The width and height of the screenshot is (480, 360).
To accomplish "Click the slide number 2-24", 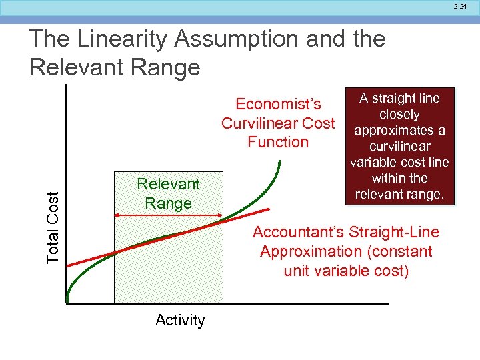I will pos(461,6).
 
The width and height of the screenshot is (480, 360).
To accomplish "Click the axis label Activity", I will pos(180,321).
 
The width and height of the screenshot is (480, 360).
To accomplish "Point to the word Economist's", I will pos(278,105).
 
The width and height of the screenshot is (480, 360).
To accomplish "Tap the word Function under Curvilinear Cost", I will pos(278,142).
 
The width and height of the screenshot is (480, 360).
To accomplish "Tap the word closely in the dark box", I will pos(399,115).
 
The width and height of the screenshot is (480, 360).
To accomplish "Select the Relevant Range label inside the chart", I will pos(168,193).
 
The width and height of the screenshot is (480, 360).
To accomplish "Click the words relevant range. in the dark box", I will pos(400,195).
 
